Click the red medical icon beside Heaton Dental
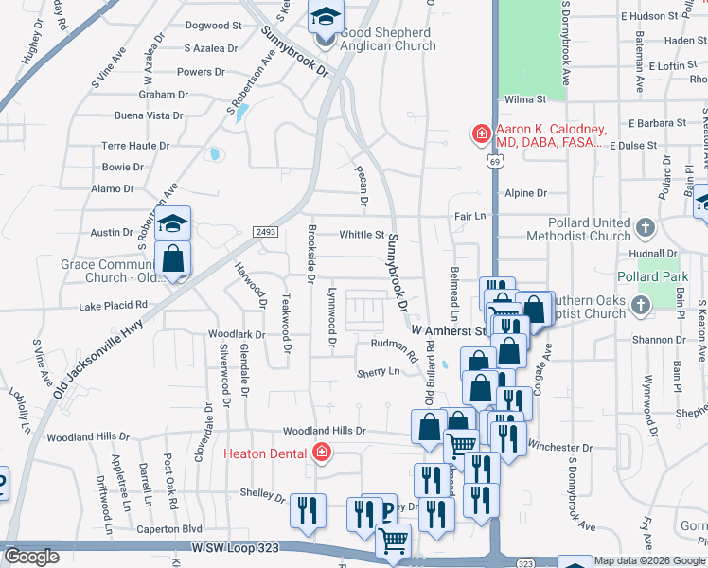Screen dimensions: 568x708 (321, 453)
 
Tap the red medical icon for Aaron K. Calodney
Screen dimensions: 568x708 (482, 134)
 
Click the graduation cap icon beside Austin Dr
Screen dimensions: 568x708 (172, 223)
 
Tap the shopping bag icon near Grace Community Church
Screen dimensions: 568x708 (173, 258)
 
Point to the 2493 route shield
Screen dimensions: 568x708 (266, 232)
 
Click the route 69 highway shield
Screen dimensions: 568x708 (495, 162)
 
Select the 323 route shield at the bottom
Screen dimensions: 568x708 (526, 562)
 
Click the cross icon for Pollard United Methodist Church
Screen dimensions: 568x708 (645, 228)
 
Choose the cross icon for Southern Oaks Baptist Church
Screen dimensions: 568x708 (641, 305)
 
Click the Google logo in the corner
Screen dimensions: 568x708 (32, 557)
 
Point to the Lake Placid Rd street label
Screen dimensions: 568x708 (113, 306)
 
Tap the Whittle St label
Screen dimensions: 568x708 (362, 235)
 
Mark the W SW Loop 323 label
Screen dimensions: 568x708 (237, 548)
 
